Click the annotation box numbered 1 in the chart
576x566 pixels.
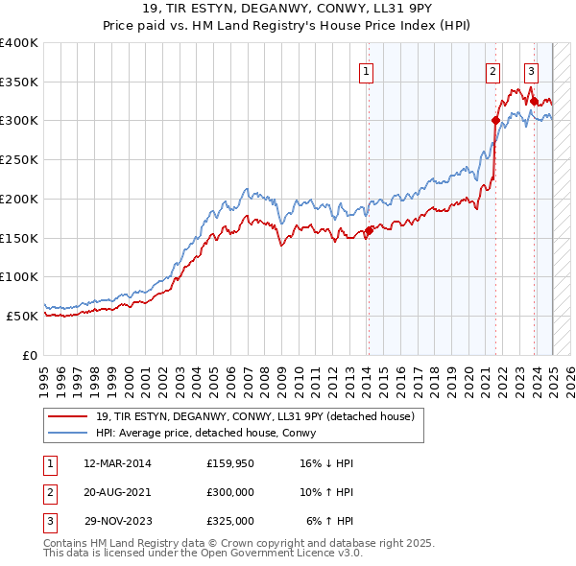pos(367,70)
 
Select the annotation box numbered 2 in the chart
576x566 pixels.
pos(492,70)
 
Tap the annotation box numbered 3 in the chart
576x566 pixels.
pos(531,70)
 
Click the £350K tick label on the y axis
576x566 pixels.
pos(19,83)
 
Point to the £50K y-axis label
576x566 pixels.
pos(22,316)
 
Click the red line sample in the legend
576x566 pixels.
pos(66,416)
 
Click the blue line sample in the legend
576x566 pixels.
pos(66,432)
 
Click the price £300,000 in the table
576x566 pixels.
pos(230,492)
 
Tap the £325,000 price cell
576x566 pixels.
pos(230,521)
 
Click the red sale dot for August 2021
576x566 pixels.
pos(495,120)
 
